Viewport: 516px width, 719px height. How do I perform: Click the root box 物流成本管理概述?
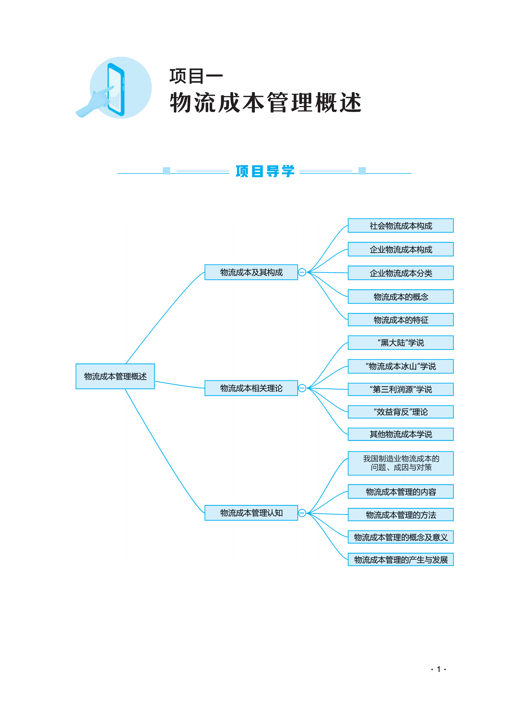[x=115, y=376]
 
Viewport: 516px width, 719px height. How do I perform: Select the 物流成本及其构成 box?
[x=251, y=272]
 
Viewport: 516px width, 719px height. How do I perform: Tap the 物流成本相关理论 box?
[x=251, y=388]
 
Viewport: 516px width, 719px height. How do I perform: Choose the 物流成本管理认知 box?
[x=251, y=513]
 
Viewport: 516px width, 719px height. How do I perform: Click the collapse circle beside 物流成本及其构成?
[x=302, y=272]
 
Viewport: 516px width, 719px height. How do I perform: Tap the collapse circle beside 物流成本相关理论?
[x=302, y=388]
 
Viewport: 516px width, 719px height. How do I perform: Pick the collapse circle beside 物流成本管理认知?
[x=302, y=513]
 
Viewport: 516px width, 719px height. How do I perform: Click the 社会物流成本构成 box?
[x=401, y=225]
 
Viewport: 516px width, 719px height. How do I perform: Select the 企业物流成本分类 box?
[x=401, y=273]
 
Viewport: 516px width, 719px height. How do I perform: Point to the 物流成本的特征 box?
[x=401, y=320]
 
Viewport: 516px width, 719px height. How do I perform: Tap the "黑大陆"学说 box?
[x=401, y=342]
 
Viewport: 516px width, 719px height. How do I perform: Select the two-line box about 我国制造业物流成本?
[x=401, y=463]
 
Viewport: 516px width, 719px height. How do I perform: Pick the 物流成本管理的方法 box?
[x=401, y=514]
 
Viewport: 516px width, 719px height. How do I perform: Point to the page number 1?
[x=439, y=669]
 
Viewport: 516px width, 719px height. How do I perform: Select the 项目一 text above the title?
[x=196, y=76]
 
